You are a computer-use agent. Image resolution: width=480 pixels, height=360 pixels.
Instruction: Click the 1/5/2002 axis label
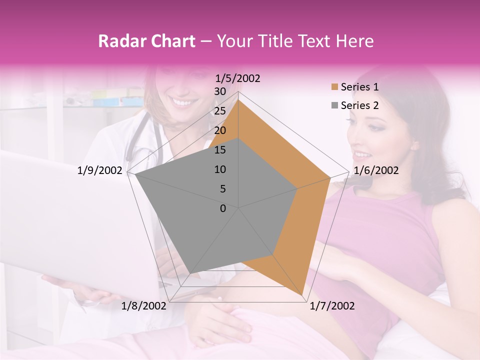(x=238, y=78)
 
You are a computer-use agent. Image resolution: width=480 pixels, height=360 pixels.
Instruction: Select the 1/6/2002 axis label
(x=376, y=170)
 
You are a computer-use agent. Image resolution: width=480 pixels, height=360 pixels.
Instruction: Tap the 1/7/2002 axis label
(x=332, y=306)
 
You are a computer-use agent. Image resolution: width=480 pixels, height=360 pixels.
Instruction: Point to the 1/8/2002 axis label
(x=144, y=306)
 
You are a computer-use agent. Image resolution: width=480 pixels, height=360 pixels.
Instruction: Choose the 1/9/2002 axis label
(x=100, y=170)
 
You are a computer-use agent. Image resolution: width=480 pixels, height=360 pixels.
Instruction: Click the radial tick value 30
(x=220, y=91)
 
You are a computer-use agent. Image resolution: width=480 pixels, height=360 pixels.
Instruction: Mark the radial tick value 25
(x=220, y=111)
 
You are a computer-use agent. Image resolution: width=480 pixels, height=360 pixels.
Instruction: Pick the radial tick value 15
(x=220, y=150)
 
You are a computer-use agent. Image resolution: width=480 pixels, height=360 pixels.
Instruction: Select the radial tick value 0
(x=223, y=208)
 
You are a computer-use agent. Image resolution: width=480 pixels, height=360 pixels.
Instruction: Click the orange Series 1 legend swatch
(x=334, y=87)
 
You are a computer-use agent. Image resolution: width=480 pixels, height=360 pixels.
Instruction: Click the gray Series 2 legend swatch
(x=334, y=105)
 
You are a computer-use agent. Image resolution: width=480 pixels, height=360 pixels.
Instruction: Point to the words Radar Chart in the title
(x=146, y=41)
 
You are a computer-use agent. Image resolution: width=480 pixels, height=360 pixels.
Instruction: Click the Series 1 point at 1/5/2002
(x=238, y=99)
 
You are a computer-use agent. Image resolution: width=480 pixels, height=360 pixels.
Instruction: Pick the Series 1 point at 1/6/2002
(x=330, y=177)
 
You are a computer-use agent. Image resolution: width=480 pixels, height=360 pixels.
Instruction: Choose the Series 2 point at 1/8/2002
(x=190, y=273)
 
